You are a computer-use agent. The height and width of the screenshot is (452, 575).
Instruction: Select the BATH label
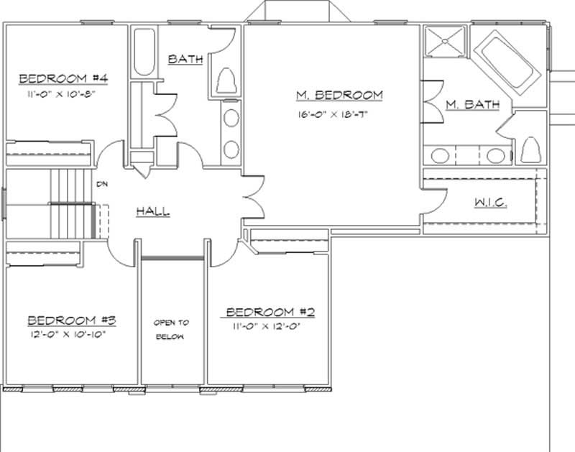185,59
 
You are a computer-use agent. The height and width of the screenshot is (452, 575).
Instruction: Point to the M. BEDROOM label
340,95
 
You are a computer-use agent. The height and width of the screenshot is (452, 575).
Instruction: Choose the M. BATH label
472,105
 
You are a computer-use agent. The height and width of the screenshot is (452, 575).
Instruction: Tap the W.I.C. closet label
491,203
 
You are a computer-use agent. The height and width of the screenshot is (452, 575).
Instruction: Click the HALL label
152,211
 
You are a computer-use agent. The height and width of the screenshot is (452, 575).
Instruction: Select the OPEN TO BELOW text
170,330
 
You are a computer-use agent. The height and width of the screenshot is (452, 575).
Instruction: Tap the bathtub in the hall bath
144,52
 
